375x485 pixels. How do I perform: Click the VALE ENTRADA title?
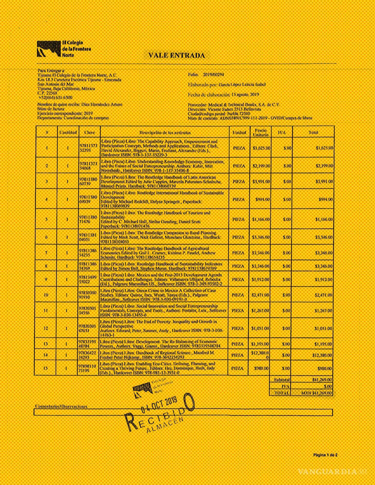176,55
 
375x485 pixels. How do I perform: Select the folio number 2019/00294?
214,75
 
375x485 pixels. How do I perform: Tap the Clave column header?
89,132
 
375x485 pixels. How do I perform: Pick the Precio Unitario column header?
261,132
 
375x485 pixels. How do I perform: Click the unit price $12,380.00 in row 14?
261,355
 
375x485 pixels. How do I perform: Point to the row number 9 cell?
46,279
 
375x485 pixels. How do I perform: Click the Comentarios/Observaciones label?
61,407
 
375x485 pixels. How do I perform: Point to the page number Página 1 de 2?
325,455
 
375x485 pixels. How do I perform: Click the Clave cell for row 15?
88,368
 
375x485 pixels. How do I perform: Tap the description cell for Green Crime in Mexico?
164,295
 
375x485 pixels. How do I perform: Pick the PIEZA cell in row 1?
239,148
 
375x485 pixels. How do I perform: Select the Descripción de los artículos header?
165,132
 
